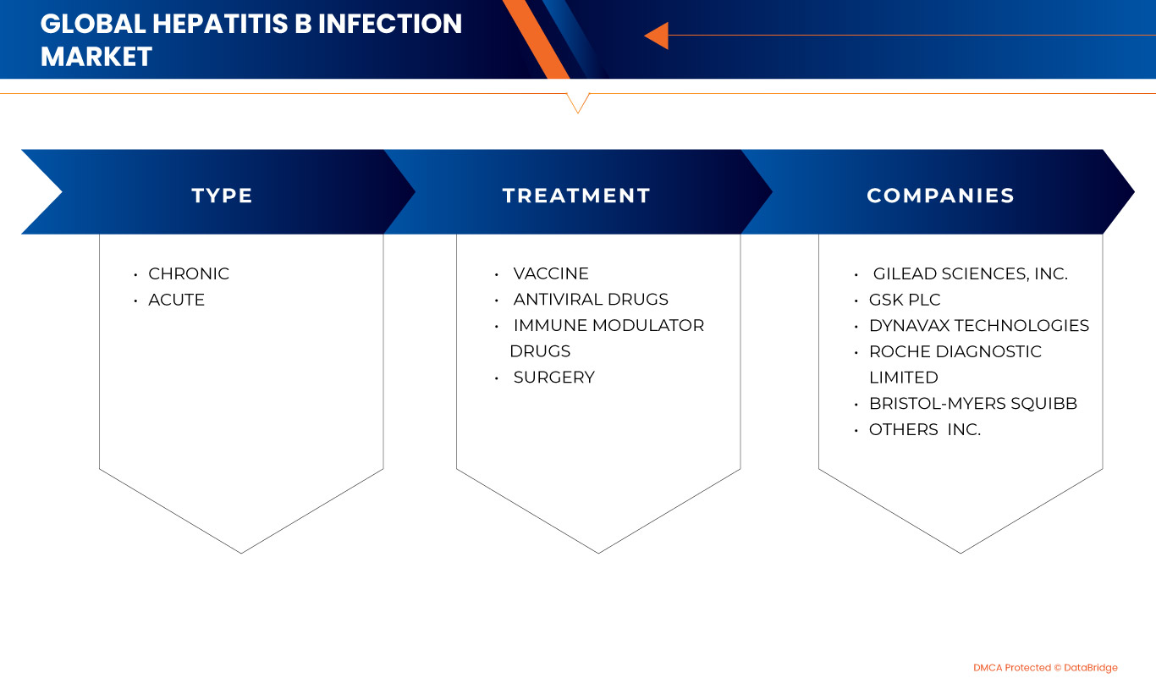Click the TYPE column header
click(x=222, y=196)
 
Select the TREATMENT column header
click(x=576, y=196)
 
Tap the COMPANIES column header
click(x=940, y=196)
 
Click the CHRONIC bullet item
click(x=188, y=273)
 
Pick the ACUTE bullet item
click(x=176, y=300)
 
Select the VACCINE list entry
click(x=550, y=273)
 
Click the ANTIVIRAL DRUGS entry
click(x=590, y=300)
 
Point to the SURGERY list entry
click(x=553, y=378)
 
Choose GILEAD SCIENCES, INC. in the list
click(x=970, y=273)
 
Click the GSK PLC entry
click(x=904, y=300)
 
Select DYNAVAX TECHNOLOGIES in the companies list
click(x=978, y=325)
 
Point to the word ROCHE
click(x=898, y=351)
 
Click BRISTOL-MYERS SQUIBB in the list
click(x=972, y=404)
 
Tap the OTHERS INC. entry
click(x=924, y=429)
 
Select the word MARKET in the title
click(x=96, y=57)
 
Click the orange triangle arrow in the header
click(x=657, y=36)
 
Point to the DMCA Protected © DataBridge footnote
click(x=1045, y=668)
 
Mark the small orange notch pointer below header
click(x=577, y=102)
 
